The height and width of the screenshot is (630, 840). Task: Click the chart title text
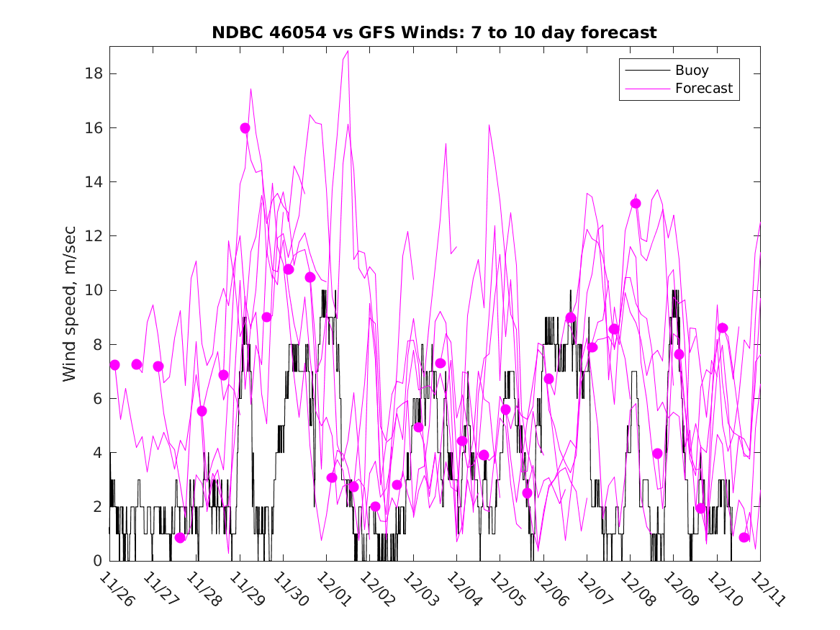pos(434,32)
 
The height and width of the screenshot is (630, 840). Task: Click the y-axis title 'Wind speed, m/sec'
pos(69,303)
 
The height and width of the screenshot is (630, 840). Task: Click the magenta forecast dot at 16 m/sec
pos(245,128)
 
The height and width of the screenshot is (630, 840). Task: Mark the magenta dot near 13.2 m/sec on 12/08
pos(636,203)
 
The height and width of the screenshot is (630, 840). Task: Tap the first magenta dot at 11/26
pos(114,365)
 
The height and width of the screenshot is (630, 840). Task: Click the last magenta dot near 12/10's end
pos(744,537)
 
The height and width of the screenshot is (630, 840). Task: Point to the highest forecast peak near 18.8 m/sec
pos(348,51)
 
